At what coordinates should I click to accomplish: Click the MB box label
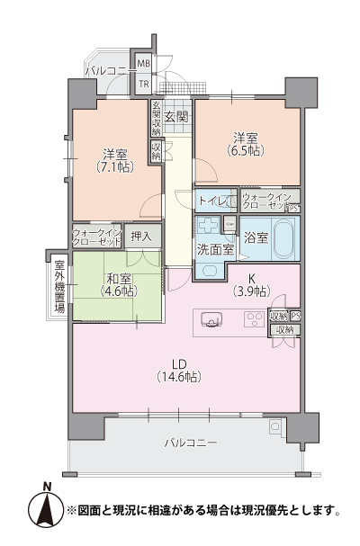[143, 64]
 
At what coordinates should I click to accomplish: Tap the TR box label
[143, 85]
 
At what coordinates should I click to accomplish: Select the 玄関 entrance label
[176, 116]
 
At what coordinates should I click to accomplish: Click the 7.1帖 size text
[115, 167]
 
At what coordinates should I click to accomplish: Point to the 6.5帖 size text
[247, 151]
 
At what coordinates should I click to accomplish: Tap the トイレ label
[211, 201]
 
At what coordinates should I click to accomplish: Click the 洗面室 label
[216, 249]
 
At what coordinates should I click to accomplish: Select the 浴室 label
[256, 237]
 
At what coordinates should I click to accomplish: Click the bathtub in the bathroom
[282, 237]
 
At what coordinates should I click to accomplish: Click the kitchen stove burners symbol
[255, 318]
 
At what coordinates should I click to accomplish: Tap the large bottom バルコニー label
[192, 444]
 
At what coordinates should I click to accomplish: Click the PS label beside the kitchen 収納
[295, 316]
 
